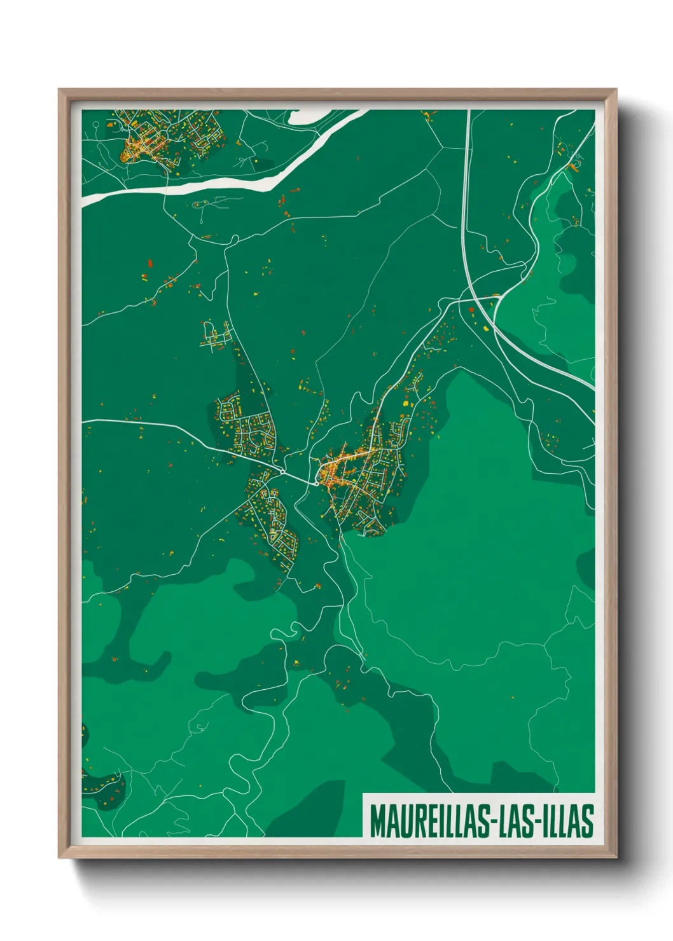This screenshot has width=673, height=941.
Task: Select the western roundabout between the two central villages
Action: coord(282,472)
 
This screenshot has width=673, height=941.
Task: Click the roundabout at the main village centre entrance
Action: coord(316,483)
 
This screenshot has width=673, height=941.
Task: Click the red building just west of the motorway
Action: coord(471,310)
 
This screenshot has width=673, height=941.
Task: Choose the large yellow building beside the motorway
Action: coord(486,328)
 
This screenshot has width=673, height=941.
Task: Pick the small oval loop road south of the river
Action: coord(200,204)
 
